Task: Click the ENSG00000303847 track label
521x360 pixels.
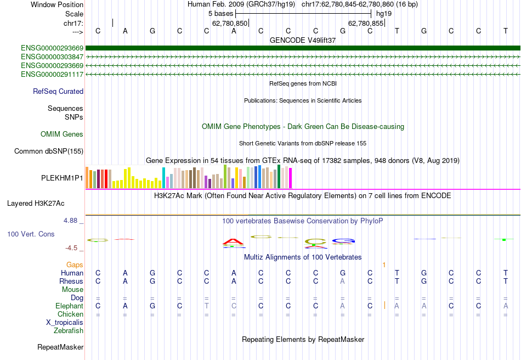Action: pos(52,57)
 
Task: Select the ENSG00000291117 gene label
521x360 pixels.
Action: pos(52,74)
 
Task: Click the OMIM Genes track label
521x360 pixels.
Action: pos(62,134)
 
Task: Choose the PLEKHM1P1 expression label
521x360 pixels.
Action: pos(62,178)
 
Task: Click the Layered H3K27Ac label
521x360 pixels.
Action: pos(36,204)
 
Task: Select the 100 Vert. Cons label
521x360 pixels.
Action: pos(31,234)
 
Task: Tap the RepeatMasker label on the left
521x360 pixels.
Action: pos(60,347)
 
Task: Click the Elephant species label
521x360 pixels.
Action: pos(69,306)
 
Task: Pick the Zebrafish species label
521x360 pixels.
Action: pos(69,331)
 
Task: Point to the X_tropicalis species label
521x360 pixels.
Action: pos(65,323)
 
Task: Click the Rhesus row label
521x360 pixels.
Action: pos(71,282)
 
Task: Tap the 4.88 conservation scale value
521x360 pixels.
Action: pos(71,221)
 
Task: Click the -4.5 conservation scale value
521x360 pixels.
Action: pos(72,248)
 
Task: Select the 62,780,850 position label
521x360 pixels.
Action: pos(230,24)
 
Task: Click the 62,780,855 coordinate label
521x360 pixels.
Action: pos(366,24)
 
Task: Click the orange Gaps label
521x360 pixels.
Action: pos(75,265)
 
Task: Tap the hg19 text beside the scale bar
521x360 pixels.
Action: pos(383,13)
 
